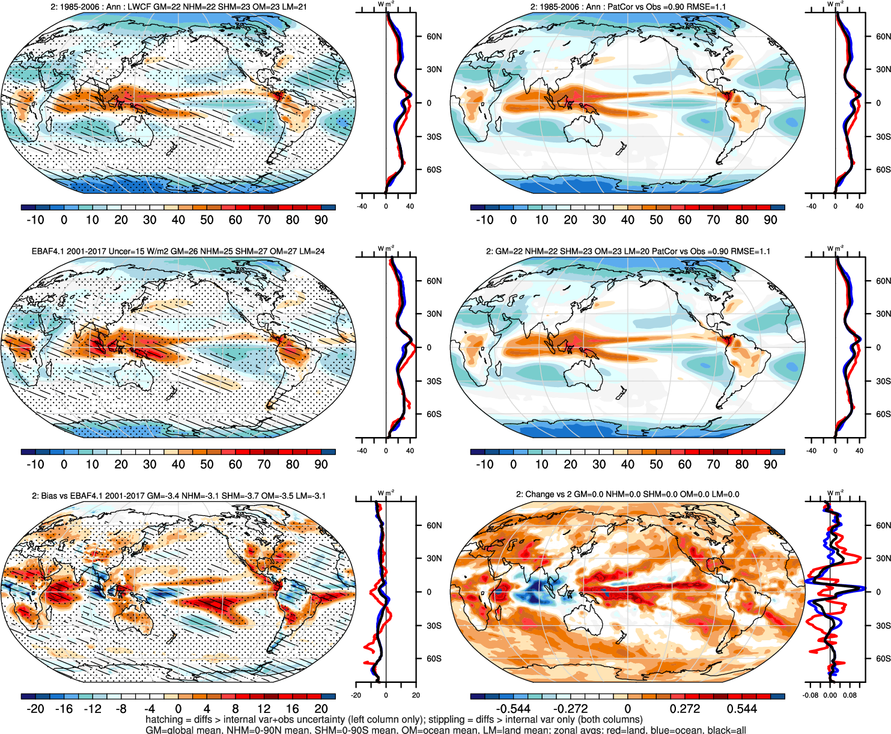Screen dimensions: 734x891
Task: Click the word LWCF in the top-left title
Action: (x=139, y=7)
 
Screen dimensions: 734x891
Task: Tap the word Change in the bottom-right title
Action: (x=540, y=494)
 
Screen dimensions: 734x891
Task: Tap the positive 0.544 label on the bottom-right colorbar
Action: (x=741, y=709)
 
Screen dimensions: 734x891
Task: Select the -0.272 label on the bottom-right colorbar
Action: (x=570, y=709)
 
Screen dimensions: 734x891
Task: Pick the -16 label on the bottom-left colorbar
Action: (x=64, y=709)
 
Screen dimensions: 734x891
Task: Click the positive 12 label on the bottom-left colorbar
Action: (x=264, y=709)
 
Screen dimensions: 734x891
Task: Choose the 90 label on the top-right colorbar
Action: (x=770, y=220)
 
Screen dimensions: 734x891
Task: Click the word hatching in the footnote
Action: (x=163, y=720)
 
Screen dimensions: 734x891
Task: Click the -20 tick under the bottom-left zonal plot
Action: (x=356, y=696)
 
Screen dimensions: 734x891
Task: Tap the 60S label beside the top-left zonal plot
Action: (x=434, y=170)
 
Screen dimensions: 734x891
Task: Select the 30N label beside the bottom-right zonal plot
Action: (x=883, y=558)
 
